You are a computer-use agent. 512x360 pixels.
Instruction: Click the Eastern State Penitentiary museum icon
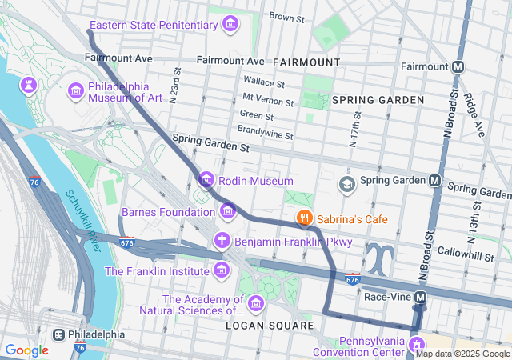click(230, 25)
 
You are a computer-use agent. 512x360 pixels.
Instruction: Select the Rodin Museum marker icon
click(206, 181)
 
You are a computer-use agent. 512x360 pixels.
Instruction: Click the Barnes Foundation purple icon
click(229, 212)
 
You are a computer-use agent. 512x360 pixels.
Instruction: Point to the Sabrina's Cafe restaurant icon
click(304, 217)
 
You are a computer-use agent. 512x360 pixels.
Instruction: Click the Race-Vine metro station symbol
click(421, 297)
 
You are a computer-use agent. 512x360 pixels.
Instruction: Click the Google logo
click(26, 350)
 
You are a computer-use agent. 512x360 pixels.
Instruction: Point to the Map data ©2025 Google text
click(462, 354)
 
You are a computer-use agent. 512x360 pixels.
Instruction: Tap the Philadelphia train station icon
click(58, 334)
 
